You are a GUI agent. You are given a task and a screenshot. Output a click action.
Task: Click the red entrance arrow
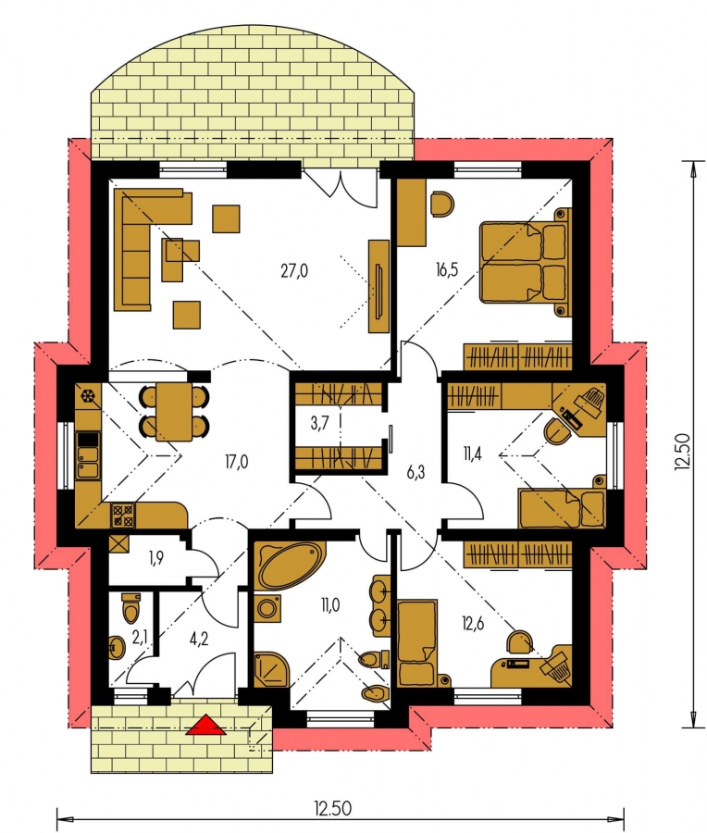206,725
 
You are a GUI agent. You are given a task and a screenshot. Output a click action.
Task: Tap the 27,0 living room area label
294,271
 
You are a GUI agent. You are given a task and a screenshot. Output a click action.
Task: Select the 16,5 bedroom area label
447,270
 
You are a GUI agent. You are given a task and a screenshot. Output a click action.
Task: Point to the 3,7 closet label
320,423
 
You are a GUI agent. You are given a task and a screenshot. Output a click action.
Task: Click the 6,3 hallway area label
416,472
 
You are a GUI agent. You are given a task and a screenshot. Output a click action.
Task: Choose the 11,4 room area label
472,454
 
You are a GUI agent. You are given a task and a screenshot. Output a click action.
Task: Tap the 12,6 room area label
473,623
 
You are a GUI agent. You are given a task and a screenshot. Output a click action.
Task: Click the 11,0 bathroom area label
329,604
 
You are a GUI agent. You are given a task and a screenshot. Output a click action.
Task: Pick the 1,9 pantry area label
155,558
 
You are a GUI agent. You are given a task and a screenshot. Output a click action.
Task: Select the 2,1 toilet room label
139,638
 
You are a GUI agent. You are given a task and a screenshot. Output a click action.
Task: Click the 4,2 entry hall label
199,638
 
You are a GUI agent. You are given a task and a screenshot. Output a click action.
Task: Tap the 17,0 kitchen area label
236,462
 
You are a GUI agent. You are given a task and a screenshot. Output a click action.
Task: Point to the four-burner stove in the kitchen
123,516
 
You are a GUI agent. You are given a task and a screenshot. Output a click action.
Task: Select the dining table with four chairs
174,411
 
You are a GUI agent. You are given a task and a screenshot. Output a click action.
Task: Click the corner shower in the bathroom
271,669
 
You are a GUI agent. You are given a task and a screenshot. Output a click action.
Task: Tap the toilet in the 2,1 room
130,608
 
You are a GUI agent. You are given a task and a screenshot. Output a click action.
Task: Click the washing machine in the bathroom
267,608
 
